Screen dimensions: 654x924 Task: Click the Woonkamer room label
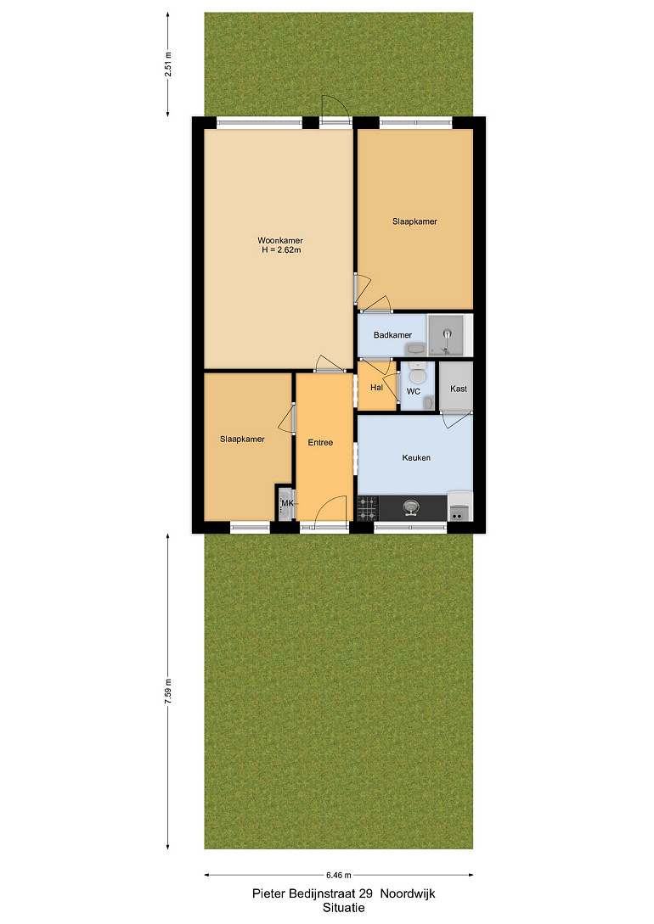pyautogui.click(x=280, y=240)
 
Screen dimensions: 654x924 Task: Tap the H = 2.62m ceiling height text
pyautogui.click(x=282, y=249)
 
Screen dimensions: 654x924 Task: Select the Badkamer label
pyautogui.click(x=392, y=334)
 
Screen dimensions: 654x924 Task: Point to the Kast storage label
pyautogui.click(x=458, y=389)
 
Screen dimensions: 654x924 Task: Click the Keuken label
pyautogui.click(x=416, y=457)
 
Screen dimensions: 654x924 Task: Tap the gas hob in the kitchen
pyautogui.click(x=368, y=508)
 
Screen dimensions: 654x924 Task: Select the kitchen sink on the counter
pyautogui.click(x=410, y=507)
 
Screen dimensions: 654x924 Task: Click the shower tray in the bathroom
pyautogui.click(x=446, y=334)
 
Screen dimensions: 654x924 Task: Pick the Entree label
pyautogui.click(x=320, y=443)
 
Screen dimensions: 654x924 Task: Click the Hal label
pyautogui.click(x=377, y=387)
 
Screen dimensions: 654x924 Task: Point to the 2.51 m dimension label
pyautogui.click(x=168, y=64)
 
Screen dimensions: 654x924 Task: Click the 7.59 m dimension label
pyautogui.click(x=168, y=692)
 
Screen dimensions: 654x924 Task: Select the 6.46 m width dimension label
pyautogui.click(x=339, y=875)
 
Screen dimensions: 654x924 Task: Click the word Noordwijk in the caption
pyautogui.click(x=408, y=893)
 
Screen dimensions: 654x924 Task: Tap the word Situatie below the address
pyautogui.click(x=344, y=908)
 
